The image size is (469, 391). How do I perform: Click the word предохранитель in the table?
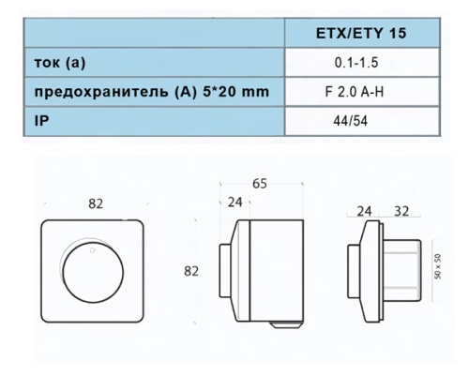coord(94,94)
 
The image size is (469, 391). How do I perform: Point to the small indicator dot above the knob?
coord(92,250)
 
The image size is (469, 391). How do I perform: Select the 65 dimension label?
coord(260,184)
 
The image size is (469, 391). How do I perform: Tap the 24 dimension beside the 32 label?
coord(365,212)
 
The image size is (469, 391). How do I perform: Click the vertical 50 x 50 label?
coord(437,269)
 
